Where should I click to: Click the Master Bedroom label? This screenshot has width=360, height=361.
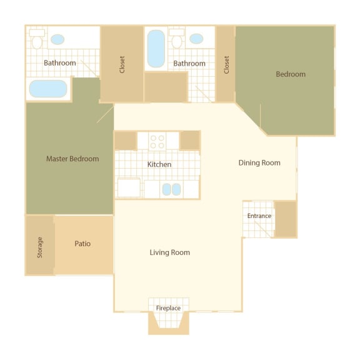click(x=72, y=159)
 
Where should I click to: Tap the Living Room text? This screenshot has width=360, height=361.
click(x=169, y=252)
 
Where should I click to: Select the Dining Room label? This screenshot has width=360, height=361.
click(x=259, y=163)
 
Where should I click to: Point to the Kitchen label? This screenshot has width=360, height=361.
click(x=159, y=164)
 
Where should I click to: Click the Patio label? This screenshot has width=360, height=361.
click(x=82, y=244)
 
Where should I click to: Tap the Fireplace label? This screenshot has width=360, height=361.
click(x=168, y=309)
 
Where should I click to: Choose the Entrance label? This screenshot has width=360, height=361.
click(x=259, y=216)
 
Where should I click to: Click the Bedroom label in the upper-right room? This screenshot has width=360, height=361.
click(x=291, y=74)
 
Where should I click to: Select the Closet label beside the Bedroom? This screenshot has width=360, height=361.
click(x=226, y=65)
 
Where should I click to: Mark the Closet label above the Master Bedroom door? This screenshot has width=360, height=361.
click(x=122, y=65)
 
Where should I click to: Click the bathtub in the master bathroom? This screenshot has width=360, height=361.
click(x=48, y=89)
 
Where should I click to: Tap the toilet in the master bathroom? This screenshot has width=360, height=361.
click(x=37, y=40)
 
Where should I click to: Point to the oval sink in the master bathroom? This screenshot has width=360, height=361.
click(x=57, y=39)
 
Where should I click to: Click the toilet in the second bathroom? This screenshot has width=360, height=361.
click(x=176, y=40)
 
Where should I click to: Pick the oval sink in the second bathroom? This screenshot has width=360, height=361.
click(x=196, y=39)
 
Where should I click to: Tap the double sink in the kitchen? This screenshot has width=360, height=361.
click(x=171, y=189)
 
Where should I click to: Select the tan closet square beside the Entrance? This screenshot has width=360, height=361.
click(x=286, y=219)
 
